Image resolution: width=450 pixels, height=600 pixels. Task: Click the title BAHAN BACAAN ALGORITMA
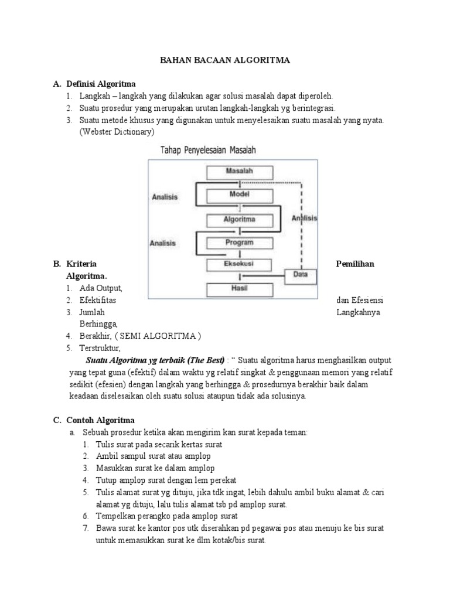[x=225, y=60]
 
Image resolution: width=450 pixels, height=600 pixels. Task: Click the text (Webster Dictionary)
[x=117, y=132]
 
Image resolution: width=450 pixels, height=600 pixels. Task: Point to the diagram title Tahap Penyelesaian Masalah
[x=209, y=150]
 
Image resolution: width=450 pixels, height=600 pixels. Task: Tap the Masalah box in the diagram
[x=239, y=172]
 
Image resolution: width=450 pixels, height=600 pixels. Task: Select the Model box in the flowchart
[x=239, y=195]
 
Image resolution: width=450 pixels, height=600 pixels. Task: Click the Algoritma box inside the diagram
[x=239, y=220]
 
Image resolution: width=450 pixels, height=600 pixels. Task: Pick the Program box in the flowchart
[x=239, y=242]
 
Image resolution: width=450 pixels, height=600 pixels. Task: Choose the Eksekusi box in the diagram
[x=239, y=264]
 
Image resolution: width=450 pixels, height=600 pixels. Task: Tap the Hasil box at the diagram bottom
[x=239, y=288]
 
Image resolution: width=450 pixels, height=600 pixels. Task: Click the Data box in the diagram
[x=300, y=274]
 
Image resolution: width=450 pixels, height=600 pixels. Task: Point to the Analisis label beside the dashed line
[x=304, y=219]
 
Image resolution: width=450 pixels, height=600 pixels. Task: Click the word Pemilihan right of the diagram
[x=355, y=264]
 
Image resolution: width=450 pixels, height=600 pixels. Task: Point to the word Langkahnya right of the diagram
[x=358, y=312]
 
